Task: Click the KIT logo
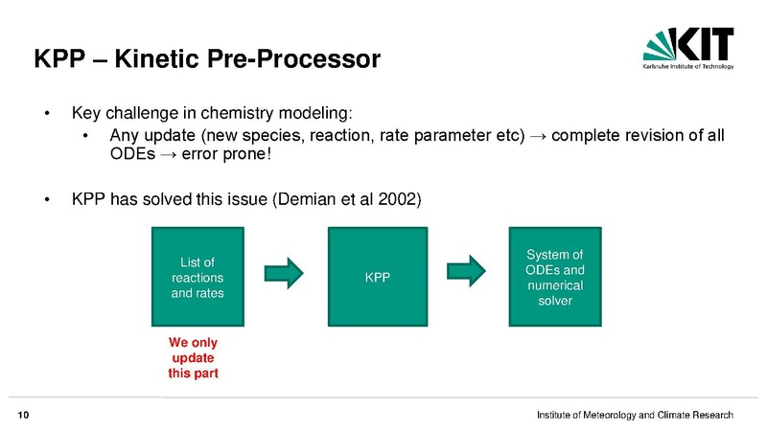(688, 48)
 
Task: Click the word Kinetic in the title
(157, 59)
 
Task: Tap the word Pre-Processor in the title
(293, 59)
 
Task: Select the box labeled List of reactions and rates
(198, 277)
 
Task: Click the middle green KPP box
(378, 277)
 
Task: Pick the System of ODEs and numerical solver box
(555, 277)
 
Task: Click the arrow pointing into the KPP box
(284, 273)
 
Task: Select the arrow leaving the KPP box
(466, 271)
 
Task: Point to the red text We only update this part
(194, 357)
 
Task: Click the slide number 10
(23, 416)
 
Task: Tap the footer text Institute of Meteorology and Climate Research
(635, 415)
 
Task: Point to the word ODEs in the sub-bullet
(132, 154)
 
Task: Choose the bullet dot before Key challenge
(47, 114)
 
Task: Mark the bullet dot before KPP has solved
(47, 200)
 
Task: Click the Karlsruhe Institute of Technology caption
(688, 66)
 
